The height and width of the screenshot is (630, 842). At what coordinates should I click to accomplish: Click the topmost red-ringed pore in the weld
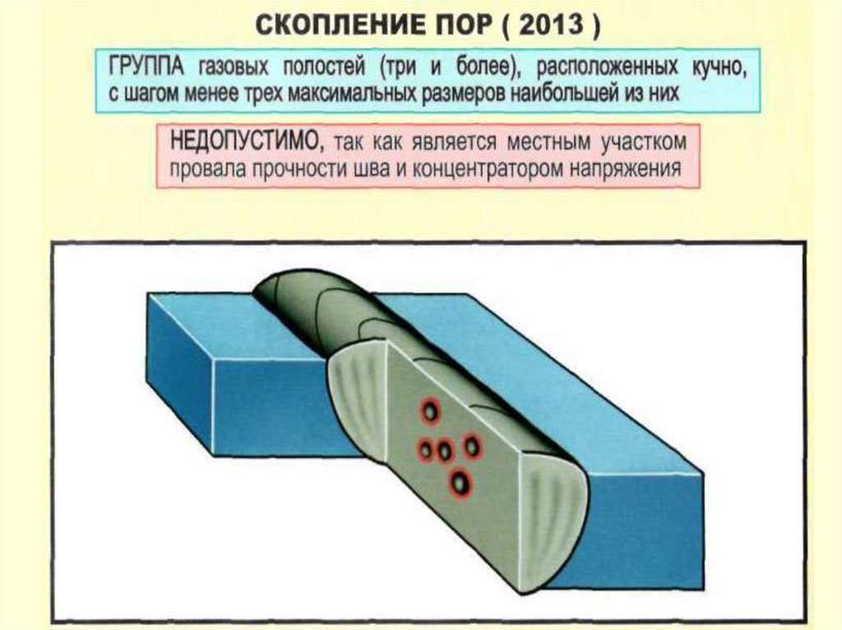[x=429, y=411]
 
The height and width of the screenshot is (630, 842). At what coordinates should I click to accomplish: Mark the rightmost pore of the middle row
[x=472, y=446]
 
